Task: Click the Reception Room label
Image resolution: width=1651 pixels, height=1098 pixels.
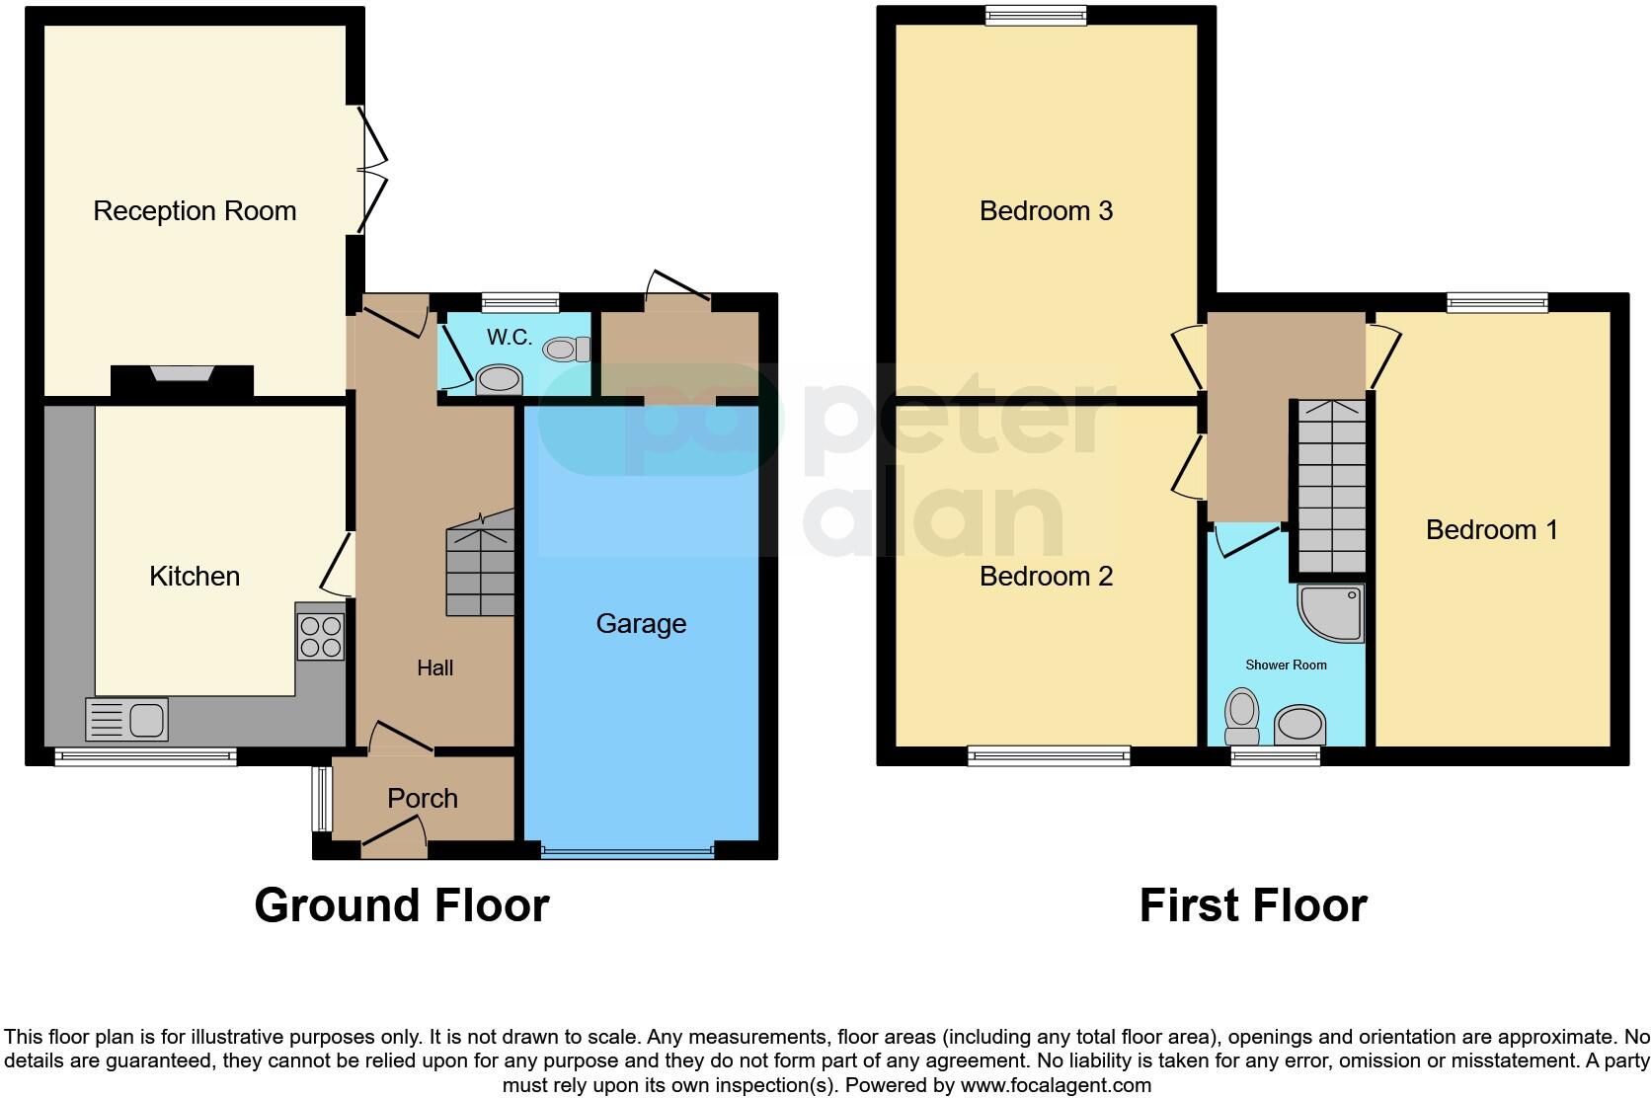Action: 195,211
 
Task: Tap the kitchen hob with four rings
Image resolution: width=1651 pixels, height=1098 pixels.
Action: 320,636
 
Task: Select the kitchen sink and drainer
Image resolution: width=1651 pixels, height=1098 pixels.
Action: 127,719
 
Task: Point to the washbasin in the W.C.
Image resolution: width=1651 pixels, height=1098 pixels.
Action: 499,380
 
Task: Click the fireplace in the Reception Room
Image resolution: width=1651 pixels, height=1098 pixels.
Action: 182,376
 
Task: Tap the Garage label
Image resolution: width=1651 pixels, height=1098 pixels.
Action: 641,624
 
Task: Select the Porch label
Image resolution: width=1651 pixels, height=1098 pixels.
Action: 423,798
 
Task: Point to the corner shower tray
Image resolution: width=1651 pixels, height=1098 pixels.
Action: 1332,612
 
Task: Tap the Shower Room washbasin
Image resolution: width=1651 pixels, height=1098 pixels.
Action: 1299,726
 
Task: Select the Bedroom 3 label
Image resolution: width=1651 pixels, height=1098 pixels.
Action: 1046,211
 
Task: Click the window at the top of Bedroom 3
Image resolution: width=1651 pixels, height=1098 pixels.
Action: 1036,15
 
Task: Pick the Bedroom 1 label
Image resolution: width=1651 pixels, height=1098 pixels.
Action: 1491,530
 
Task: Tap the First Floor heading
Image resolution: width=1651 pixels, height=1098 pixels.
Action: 1252,905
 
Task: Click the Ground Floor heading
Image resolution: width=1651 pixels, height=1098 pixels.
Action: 401,905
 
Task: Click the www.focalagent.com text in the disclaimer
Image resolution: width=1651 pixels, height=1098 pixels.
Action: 1056,1085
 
